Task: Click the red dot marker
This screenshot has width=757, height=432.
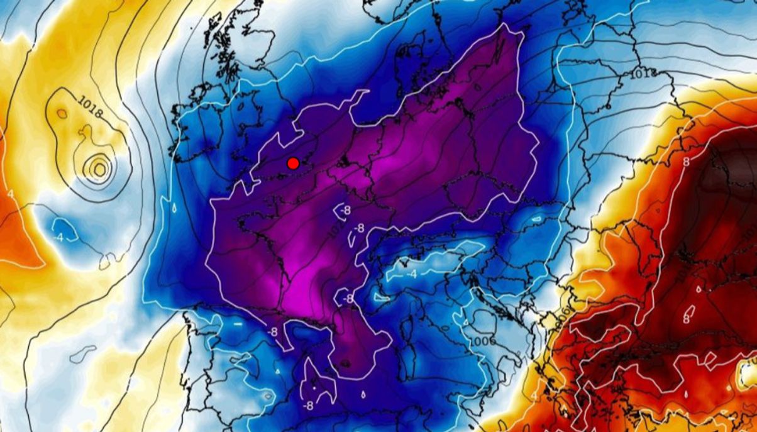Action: [292, 163]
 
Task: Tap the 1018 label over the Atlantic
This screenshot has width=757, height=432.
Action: [91, 107]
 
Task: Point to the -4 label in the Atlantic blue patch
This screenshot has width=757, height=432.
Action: [58, 238]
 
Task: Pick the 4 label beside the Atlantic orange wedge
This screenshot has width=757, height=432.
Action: [10, 194]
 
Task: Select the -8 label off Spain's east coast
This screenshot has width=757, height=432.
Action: [307, 406]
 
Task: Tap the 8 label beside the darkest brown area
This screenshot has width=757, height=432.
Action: [686, 162]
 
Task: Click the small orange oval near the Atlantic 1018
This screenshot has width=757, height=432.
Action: [62, 114]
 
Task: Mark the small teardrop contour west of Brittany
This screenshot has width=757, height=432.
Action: [174, 208]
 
